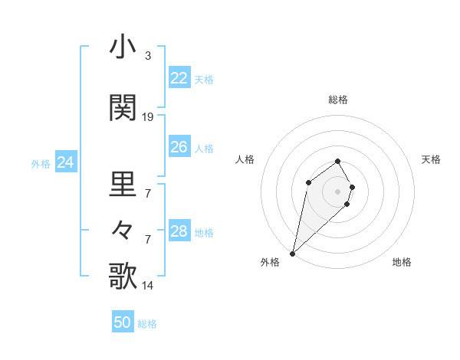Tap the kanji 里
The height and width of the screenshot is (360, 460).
123,184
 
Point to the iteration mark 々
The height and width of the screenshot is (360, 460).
123,230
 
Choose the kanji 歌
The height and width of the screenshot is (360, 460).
123,276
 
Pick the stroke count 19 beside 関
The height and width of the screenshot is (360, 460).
148,117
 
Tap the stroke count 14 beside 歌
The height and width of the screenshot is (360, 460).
148,286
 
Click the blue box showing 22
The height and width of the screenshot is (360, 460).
179,78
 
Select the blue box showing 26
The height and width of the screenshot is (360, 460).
179,147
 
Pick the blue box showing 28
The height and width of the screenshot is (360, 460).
179,231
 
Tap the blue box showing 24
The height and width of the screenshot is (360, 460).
65,162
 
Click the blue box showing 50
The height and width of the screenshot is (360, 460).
123,322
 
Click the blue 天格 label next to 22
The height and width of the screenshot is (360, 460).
204,79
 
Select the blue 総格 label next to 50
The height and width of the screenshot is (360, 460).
147,324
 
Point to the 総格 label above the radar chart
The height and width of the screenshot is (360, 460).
338,100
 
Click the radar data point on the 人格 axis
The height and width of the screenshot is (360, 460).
308,182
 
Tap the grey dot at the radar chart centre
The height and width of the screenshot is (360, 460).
338,191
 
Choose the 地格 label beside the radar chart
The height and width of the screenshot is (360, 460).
402,262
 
